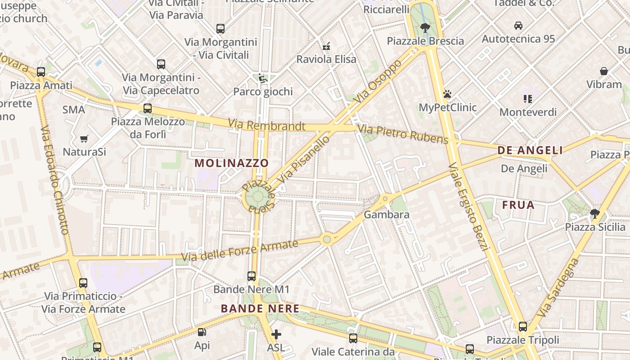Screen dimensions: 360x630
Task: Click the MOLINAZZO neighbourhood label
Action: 232,163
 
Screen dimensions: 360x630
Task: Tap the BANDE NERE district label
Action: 260,309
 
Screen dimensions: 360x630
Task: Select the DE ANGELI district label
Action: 530,150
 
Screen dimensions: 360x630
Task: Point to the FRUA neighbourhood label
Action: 518,205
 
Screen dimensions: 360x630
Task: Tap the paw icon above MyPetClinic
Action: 447,94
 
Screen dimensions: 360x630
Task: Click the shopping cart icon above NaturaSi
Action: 84,139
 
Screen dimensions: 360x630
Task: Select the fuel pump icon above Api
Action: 202,333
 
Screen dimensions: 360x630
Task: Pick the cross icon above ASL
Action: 276,334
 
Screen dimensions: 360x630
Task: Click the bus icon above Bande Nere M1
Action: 252,276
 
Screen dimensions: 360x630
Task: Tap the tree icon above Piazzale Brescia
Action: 425,27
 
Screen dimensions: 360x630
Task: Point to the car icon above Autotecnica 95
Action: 518,26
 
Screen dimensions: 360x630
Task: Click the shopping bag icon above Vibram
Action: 604,71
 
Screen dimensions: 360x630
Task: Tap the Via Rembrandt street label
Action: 266,126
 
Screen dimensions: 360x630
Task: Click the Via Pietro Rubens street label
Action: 403,135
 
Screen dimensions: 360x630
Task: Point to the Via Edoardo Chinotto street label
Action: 54,180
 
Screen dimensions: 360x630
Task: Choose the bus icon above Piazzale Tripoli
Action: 522,327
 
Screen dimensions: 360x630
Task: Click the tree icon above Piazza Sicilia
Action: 595,214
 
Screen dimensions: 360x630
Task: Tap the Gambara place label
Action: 387,215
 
